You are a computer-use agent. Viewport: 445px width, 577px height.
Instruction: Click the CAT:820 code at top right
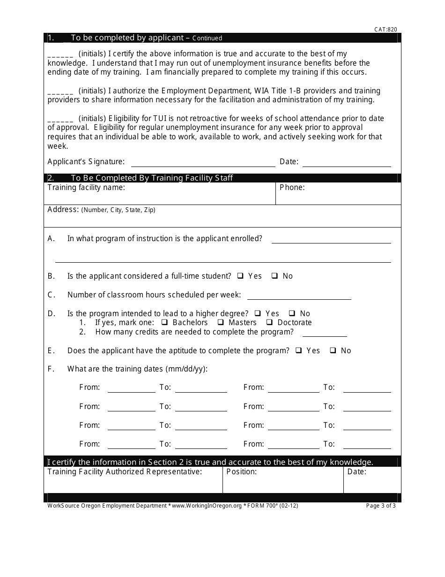click(x=386, y=29)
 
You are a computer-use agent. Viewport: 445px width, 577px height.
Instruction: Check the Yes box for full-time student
click(x=240, y=276)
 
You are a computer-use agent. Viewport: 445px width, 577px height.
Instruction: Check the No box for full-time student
click(x=275, y=276)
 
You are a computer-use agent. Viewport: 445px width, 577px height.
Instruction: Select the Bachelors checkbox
click(x=165, y=322)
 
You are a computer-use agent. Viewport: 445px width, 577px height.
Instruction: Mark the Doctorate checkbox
click(x=270, y=322)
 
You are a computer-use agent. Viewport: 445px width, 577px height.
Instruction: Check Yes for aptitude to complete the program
click(x=299, y=350)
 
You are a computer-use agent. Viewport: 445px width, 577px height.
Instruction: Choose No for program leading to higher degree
click(x=292, y=313)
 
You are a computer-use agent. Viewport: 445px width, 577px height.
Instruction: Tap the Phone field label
click(x=292, y=188)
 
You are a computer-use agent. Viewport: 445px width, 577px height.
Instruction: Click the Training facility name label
click(x=86, y=188)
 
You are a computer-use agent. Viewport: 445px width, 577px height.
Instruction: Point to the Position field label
click(x=241, y=472)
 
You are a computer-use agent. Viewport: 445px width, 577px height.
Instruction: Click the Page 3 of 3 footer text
click(x=381, y=506)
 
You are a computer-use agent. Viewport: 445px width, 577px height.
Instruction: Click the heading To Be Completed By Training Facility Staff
click(x=152, y=178)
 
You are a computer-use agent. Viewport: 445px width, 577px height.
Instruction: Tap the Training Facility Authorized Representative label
click(x=125, y=472)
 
